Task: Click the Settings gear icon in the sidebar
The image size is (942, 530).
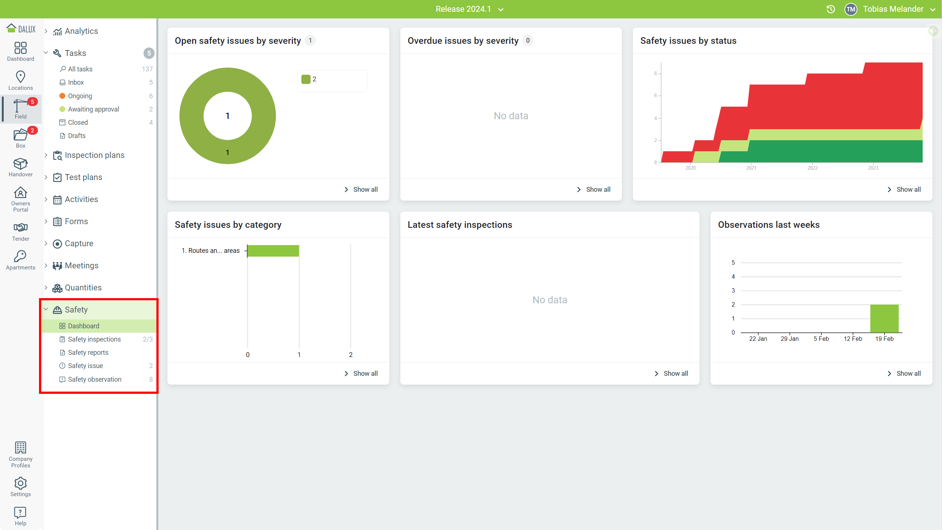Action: point(21,483)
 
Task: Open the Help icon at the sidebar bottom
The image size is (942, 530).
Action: point(21,512)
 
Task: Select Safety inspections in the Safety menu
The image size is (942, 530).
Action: point(94,339)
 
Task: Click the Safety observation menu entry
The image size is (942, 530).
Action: point(95,379)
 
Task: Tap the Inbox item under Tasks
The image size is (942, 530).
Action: point(76,82)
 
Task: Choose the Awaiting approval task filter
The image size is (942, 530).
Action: point(93,109)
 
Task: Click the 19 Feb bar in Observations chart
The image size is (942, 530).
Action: point(884,318)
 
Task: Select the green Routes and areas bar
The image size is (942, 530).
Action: point(273,251)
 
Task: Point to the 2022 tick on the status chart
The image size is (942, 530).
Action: point(812,167)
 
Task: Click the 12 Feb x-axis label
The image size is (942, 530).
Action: point(853,339)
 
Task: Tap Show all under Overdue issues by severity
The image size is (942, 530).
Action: point(594,190)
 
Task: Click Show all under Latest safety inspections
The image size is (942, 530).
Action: point(672,374)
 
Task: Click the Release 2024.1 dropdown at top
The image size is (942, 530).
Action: point(469,9)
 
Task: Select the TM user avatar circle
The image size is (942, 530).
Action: point(851,9)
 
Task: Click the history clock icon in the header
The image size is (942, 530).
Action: point(831,9)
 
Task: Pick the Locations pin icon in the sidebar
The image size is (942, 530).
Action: point(21,77)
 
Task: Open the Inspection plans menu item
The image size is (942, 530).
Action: point(95,155)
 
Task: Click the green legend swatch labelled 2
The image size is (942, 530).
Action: point(306,79)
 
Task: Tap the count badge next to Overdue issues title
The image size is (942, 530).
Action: point(528,40)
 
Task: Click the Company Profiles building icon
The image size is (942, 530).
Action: point(21,448)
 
